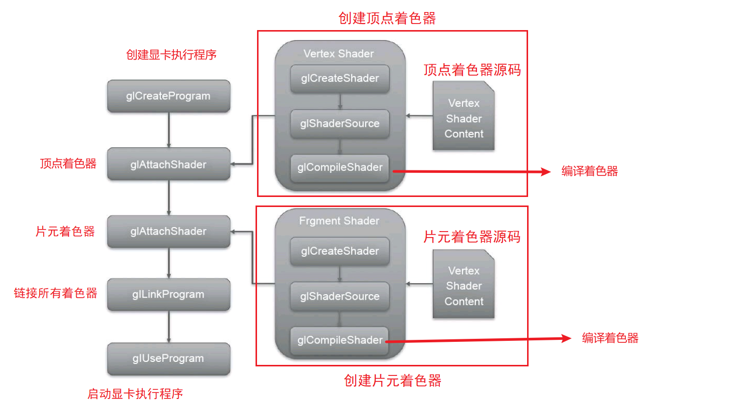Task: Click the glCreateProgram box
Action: (168, 96)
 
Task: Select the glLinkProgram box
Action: (168, 294)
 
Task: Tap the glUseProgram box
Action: (168, 358)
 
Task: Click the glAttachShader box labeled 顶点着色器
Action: (168, 164)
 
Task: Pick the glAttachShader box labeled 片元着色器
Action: (168, 232)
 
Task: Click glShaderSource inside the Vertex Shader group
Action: (340, 124)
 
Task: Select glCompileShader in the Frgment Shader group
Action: (340, 340)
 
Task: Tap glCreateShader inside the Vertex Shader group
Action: (340, 79)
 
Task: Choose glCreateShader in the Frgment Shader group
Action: (340, 251)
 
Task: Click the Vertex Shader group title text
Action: (339, 54)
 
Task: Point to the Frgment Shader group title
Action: (339, 221)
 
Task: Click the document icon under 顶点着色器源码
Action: (463, 118)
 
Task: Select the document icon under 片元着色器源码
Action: (463, 286)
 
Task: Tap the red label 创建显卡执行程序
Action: (171, 55)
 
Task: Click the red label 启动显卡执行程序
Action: (135, 394)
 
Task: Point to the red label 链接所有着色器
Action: (56, 293)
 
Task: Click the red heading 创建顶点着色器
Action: (387, 19)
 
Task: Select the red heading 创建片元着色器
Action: (392, 381)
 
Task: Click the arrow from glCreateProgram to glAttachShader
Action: (169, 130)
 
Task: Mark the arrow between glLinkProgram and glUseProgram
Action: (169, 327)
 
